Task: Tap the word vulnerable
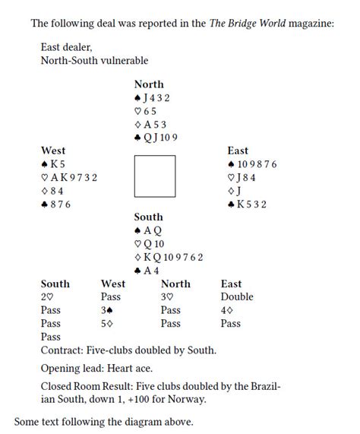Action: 122,60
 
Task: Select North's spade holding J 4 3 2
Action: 152,97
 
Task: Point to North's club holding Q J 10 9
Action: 154,137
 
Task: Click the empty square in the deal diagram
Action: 155,177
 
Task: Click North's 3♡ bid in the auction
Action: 169,296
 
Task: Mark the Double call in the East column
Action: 237,296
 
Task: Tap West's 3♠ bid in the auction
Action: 108,310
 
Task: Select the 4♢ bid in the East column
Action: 229,310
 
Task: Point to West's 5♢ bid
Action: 108,323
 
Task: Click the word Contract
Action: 62,350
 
